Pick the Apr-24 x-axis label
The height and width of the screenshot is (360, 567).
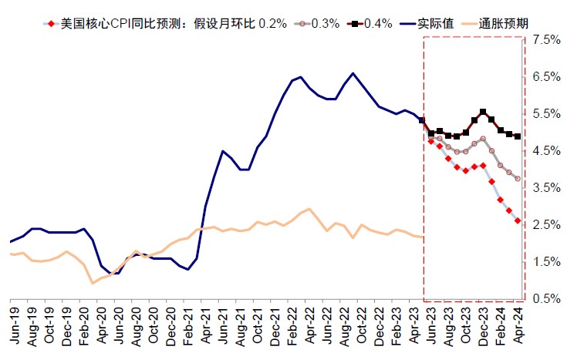[520, 325]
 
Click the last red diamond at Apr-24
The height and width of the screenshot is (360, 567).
[517, 221]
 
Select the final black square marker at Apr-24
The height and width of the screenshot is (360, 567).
[517, 136]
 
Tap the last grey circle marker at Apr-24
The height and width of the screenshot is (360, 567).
[517, 178]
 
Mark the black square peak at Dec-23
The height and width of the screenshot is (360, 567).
[483, 112]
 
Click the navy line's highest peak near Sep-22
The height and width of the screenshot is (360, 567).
[353, 73]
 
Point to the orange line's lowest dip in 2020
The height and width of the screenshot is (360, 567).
[93, 283]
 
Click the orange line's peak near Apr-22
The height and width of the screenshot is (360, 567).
[309, 209]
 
